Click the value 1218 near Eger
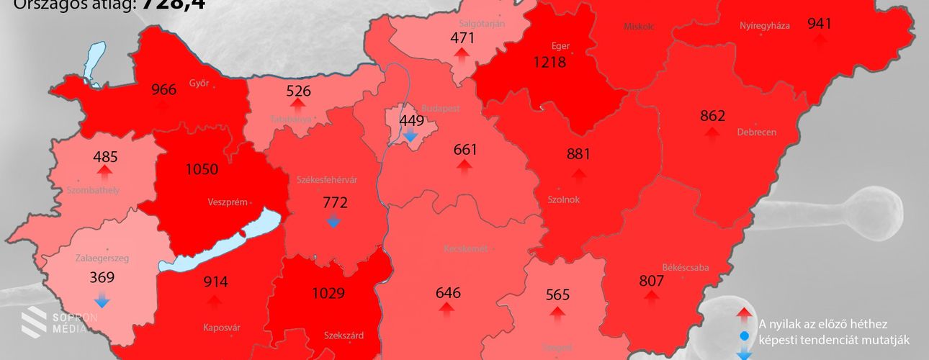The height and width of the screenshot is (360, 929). coord(549,62)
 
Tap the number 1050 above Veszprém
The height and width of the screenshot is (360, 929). coord(202,169)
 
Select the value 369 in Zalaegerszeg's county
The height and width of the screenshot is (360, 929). coord(102,277)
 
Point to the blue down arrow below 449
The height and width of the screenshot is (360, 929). coord(410,135)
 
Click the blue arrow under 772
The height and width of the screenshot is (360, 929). coord(333,221)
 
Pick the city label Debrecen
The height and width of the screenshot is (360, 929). coord(756,132)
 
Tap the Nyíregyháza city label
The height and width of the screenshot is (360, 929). coord(765,26)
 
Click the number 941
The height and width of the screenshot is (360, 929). coord(819,23)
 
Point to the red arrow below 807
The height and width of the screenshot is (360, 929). coord(651,297)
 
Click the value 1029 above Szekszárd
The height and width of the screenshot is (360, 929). coord(328,293)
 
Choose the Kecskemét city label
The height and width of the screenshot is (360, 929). coord(465,248)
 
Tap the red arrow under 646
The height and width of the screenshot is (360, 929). coord(446,310)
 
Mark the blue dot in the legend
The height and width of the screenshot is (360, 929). coord(745,336)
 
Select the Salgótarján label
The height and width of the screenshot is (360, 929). coord(482,24)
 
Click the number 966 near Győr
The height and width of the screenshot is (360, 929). coord(163,90)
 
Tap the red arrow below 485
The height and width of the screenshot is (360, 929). coord(105,171)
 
